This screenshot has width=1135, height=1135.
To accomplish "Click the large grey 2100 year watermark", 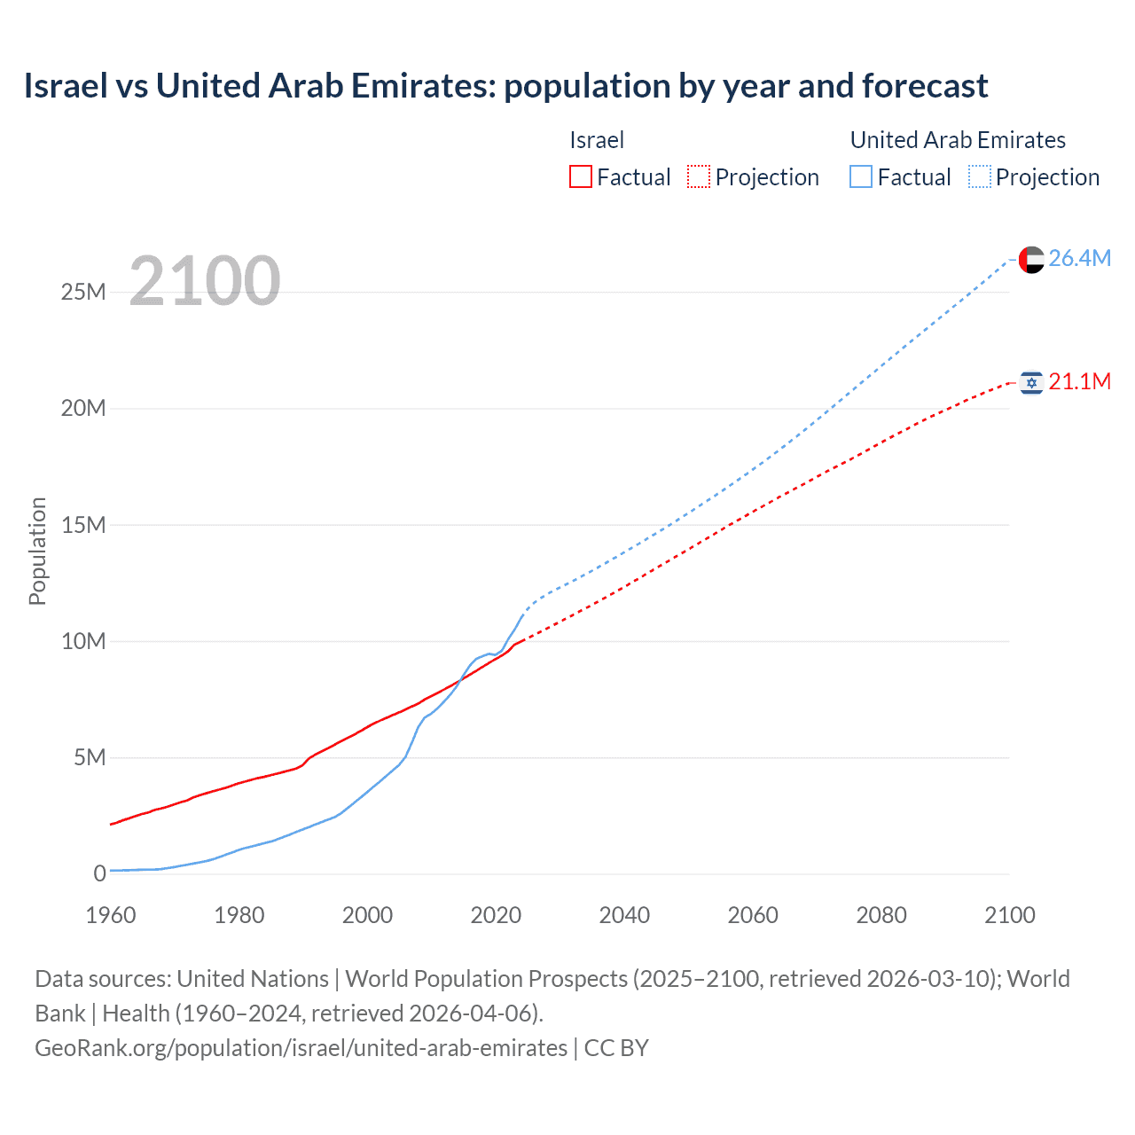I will pyautogui.click(x=205, y=281).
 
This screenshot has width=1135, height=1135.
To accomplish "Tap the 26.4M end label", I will pyautogui.click(x=1079, y=258).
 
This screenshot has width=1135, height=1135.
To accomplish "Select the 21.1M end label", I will pyautogui.click(x=1079, y=381).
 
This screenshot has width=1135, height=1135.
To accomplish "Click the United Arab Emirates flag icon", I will pyautogui.click(x=1031, y=259).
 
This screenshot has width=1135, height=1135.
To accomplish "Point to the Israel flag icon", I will pyautogui.click(x=1031, y=382).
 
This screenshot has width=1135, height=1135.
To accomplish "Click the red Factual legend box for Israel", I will pyautogui.click(x=581, y=176).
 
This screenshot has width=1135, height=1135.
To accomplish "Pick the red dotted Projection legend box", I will pyautogui.click(x=699, y=176).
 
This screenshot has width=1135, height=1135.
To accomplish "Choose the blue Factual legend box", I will pyautogui.click(x=861, y=176).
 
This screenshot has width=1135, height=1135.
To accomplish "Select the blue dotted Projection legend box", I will pyautogui.click(x=980, y=176).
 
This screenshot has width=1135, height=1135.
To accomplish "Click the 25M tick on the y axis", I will pyautogui.click(x=83, y=292).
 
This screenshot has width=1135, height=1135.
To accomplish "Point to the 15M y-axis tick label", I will pyautogui.click(x=83, y=525).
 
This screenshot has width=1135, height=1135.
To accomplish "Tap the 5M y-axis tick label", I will pyautogui.click(x=90, y=757).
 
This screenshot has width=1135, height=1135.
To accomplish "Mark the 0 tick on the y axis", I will pyautogui.click(x=100, y=873).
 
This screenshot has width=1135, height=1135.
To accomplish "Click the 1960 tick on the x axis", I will pyautogui.click(x=111, y=915).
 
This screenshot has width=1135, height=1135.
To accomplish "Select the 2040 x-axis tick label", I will pyautogui.click(x=624, y=915).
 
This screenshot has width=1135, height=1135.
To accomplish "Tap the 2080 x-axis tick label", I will pyautogui.click(x=881, y=915).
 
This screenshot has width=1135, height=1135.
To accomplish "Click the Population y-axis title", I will pyautogui.click(x=37, y=551).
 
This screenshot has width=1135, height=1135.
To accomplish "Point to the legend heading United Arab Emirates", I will pyautogui.click(x=958, y=140).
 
